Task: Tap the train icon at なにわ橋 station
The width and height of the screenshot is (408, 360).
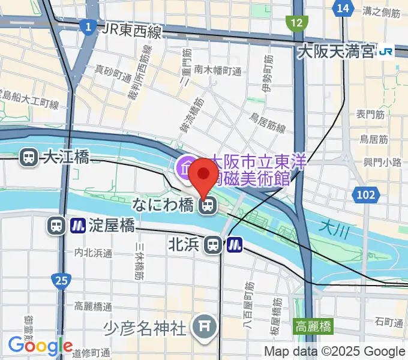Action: point(207,206)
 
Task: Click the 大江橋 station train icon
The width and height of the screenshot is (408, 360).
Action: point(28,158)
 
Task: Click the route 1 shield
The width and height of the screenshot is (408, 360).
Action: point(88,26)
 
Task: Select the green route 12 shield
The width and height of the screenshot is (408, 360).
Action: point(296,23)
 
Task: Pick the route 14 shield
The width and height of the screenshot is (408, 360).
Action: point(343,8)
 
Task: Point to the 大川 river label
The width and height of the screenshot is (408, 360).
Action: point(330,227)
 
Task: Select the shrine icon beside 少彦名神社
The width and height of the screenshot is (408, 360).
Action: point(202,326)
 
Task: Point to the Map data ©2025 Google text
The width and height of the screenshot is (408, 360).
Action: point(335,352)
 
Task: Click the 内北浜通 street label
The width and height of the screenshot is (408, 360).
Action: point(93,253)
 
